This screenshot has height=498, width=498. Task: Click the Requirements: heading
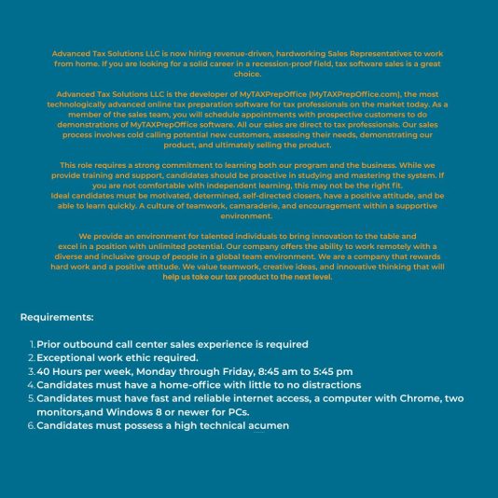pyautogui.click(x=57, y=317)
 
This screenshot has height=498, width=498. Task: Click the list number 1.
pyautogui.click(x=32, y=344)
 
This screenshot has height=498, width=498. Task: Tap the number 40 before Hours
pyautogui.click(x=44, y=371)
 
